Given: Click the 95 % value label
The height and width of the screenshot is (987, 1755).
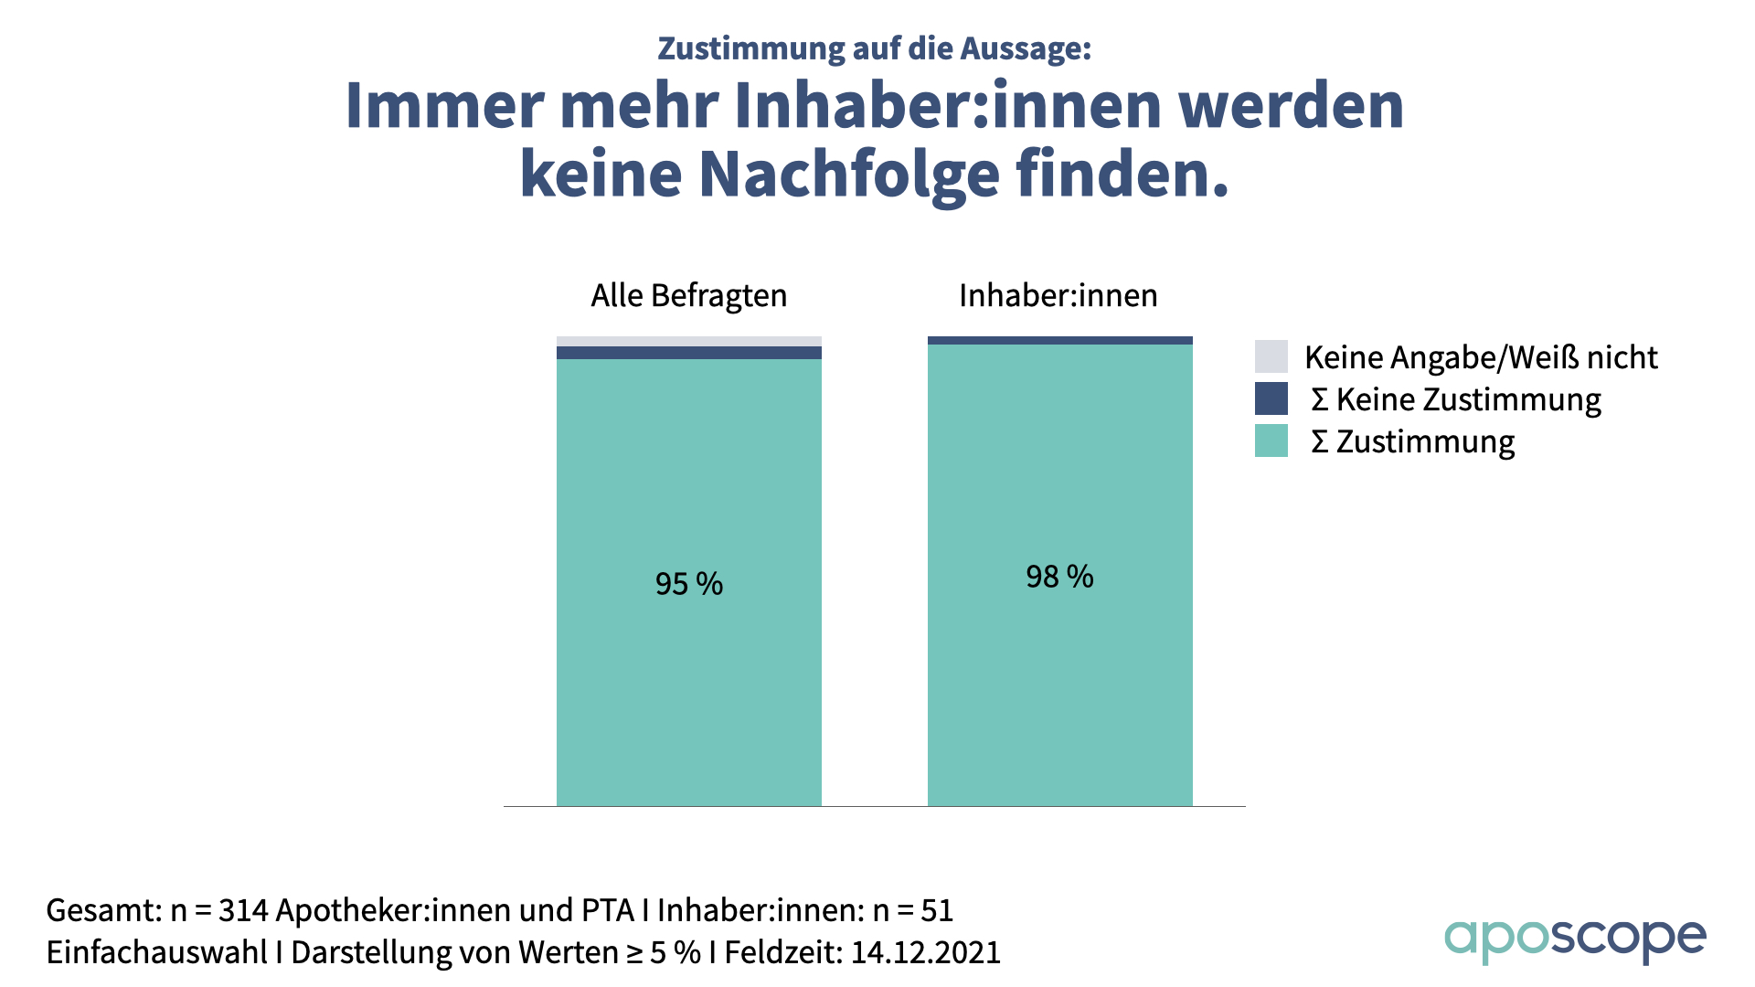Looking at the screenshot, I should click(688, 583).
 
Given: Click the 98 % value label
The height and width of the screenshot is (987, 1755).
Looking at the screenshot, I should click(1059, 576).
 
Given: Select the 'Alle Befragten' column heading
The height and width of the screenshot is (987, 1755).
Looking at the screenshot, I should click(688, 295).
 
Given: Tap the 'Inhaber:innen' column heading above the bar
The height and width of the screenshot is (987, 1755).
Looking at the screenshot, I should click(1058, 295).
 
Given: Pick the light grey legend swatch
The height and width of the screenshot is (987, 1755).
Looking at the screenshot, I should click(1271, 356).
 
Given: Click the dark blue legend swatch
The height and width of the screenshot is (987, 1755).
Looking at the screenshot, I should click(1271, 398).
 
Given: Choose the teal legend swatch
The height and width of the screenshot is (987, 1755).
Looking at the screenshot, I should click(1271, 440).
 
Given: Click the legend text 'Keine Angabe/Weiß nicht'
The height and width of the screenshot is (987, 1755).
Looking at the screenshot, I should click(1481, 357).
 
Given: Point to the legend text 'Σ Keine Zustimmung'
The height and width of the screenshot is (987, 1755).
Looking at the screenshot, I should click(1456, 399).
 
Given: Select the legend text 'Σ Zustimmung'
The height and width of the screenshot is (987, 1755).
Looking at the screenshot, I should click(1413, 441).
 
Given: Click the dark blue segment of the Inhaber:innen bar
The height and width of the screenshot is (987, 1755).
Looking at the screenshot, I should click(1059, 341).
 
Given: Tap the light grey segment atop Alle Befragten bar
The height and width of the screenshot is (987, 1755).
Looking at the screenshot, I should click(688, 342).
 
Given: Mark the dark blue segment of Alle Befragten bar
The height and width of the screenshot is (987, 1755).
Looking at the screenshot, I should click(688, 353).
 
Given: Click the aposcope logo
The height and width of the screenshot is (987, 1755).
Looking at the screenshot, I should click(1575, 939).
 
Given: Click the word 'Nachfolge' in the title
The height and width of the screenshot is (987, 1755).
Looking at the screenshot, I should click(849, 174).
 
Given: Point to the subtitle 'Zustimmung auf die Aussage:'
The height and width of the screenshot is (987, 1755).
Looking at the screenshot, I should click(875, 48).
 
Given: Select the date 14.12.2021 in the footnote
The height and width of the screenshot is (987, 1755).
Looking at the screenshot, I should click(925, 952).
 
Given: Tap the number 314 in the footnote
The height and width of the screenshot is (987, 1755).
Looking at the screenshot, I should click(243, 910).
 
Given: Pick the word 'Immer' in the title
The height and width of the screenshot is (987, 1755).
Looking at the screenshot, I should click(445, 106).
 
